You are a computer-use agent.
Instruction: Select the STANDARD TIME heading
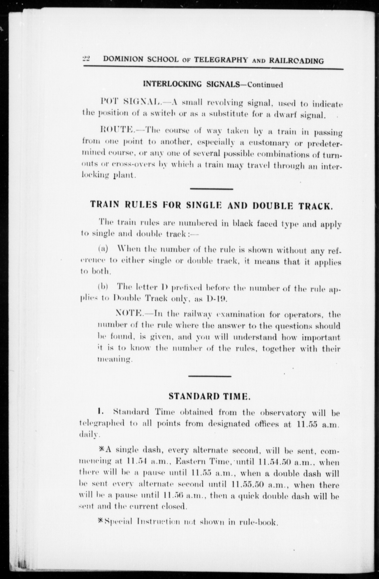210,396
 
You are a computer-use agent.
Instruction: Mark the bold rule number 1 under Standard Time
99,411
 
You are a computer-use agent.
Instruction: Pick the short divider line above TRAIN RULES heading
211,189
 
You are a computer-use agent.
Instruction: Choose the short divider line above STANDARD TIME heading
210,376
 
